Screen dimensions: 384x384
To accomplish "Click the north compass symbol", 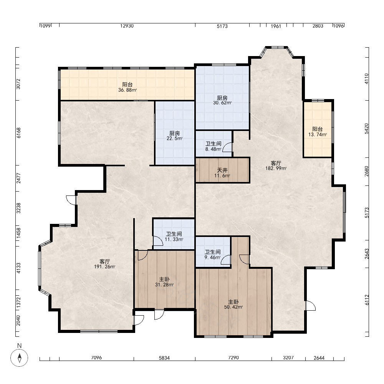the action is [x=19, y=358].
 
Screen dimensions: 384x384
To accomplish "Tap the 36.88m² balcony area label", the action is [x=127, y=87].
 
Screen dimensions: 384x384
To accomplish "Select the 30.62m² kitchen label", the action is [x=222, y=100].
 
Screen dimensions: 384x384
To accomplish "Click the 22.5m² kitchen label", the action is [x=174, y=136].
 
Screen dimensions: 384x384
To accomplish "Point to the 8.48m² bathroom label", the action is [x=213, y=146].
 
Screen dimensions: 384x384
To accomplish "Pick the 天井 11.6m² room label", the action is [x=222, y=173].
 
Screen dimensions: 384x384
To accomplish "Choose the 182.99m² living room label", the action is [x=276, y=166].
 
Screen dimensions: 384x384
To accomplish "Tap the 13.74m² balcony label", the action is [x=318, y=131].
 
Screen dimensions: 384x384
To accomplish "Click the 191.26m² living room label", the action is [x=104, y=264].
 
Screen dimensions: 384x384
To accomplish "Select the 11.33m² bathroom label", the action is [x=174, y=237].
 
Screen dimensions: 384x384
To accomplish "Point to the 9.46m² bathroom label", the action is [x=213, y=255].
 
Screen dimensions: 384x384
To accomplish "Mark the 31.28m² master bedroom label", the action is [x=164, y=282].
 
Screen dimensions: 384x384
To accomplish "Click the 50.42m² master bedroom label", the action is [x=233, y=305].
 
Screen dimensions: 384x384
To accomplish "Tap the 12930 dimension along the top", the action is [x=127, y=26].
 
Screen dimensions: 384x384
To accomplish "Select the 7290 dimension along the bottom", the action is [x=233, y=358].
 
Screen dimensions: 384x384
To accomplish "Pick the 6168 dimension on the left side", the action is [x=18, y=133].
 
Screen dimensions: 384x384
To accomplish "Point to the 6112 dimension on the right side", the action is [x=367, y=300].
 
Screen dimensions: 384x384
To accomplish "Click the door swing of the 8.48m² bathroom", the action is [x=227, y=148].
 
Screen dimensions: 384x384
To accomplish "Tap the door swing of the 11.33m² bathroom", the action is [x=158, y=240].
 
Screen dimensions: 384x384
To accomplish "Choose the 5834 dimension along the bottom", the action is [x=164, y=358].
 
